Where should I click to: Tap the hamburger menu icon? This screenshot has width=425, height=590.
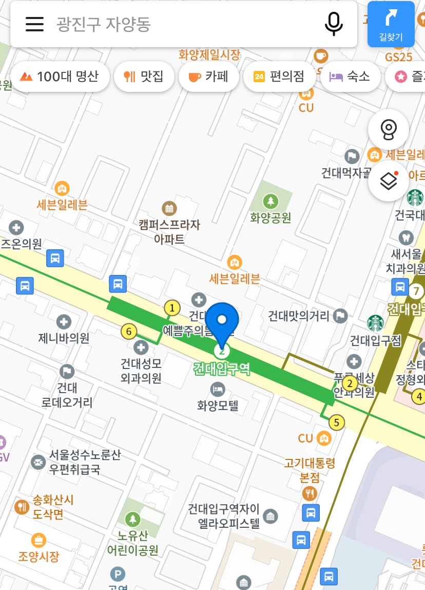click(x=34, y=24)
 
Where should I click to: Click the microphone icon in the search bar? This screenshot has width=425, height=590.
click(x=334, y=24)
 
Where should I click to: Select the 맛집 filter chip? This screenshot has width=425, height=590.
click(x=144, y=77)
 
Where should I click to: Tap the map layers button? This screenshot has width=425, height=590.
click(x=389, y=181)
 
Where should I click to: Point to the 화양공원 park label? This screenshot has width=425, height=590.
click(x=271, y=217)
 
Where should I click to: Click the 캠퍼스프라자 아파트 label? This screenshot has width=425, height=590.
click(x=169, y=231)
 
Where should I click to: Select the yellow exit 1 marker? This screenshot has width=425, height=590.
click(x=172, y=308)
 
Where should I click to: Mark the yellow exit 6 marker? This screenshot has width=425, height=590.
click(x=128, y=331)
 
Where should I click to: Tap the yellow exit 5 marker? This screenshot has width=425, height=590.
click(x=337, y=423)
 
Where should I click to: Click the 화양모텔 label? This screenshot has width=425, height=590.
click(x=218, y=406)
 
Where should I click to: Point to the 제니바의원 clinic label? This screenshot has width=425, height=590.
click(x=64, y=338)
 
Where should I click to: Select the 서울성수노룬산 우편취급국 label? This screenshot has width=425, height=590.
click(x=85, y=462)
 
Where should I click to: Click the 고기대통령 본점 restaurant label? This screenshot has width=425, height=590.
click(x=310, y=470)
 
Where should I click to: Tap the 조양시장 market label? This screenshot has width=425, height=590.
click(x=38, y=556)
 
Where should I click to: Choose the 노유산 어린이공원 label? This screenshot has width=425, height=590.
click(x=132, y=543)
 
